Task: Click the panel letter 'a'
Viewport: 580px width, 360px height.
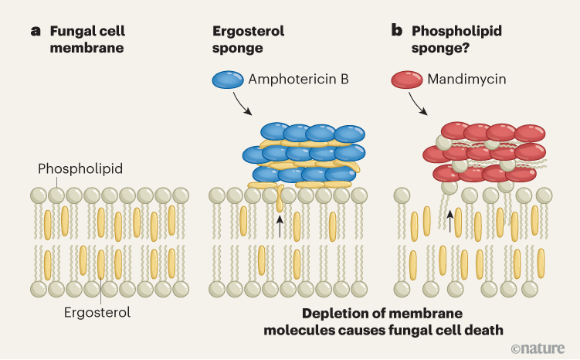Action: click(x=35, y=32)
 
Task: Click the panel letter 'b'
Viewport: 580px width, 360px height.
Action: click(x=397, y=32)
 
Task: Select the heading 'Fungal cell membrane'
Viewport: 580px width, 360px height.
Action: click(x=87, y=39)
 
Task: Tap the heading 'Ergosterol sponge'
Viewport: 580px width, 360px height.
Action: click(x=249, y=39)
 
